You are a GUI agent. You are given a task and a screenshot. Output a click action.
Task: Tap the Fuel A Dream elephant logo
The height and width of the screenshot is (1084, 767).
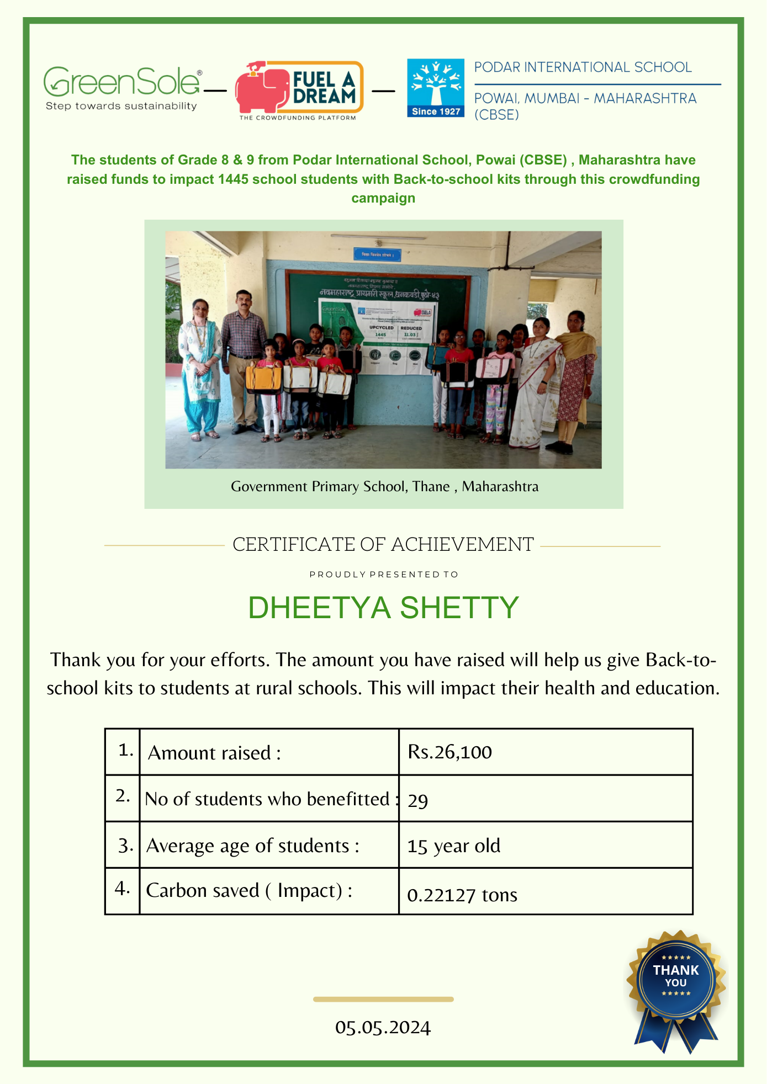coord(298,90)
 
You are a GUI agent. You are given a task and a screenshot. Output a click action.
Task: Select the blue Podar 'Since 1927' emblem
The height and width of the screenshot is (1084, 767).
coord(436,88)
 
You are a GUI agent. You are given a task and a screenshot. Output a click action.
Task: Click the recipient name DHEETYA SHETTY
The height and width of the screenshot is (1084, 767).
coord(383,608)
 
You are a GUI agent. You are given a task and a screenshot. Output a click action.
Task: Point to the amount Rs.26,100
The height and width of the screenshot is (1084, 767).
coord(449,752)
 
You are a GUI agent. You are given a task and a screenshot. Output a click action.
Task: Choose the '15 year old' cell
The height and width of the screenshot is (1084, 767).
coord(453,846)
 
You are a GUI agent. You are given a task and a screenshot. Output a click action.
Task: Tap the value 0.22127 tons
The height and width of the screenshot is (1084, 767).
coord(462,895)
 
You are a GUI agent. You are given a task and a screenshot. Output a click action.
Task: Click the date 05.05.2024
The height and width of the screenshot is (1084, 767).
coord(383,1027)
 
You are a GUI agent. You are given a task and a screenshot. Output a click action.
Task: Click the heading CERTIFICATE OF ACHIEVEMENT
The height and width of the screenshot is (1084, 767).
coord(383,544)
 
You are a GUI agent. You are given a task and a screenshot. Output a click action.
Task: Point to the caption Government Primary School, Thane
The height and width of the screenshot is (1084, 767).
coord(384,486)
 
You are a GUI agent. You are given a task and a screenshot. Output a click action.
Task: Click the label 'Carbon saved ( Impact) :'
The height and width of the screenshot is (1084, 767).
coord(249,890)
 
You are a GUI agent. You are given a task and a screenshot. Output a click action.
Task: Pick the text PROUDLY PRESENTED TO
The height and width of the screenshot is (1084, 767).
coord(384,575)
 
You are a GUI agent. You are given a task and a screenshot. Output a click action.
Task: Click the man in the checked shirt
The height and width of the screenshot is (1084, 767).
coord(243,359)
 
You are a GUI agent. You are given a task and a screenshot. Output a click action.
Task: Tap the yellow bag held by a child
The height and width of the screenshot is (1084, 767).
coord(263,378)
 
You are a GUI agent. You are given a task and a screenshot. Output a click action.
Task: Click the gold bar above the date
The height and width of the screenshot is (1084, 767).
coord(383,999)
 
